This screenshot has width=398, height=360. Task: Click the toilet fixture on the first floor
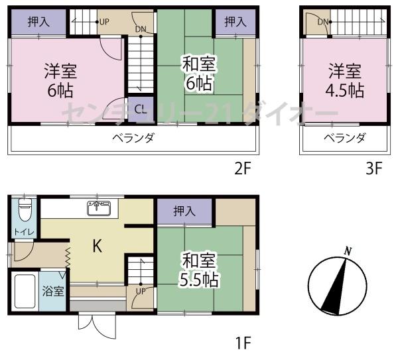click(25, 211)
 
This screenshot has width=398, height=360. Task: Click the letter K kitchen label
click(96, 247)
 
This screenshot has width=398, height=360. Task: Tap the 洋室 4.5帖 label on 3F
click(345, 80)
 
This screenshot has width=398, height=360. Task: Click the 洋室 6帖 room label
click(59, 80)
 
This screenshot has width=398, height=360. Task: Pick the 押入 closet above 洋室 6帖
click(38, 23)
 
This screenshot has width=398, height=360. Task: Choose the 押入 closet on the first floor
click(184, 211)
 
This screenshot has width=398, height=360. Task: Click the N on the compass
click(347, 251)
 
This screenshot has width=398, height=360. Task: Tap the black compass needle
click(334, 287)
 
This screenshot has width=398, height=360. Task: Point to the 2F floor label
click(242, 166)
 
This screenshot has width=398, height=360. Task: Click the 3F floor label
click(373, 166)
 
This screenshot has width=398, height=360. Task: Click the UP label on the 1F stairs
click(141, 291)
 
